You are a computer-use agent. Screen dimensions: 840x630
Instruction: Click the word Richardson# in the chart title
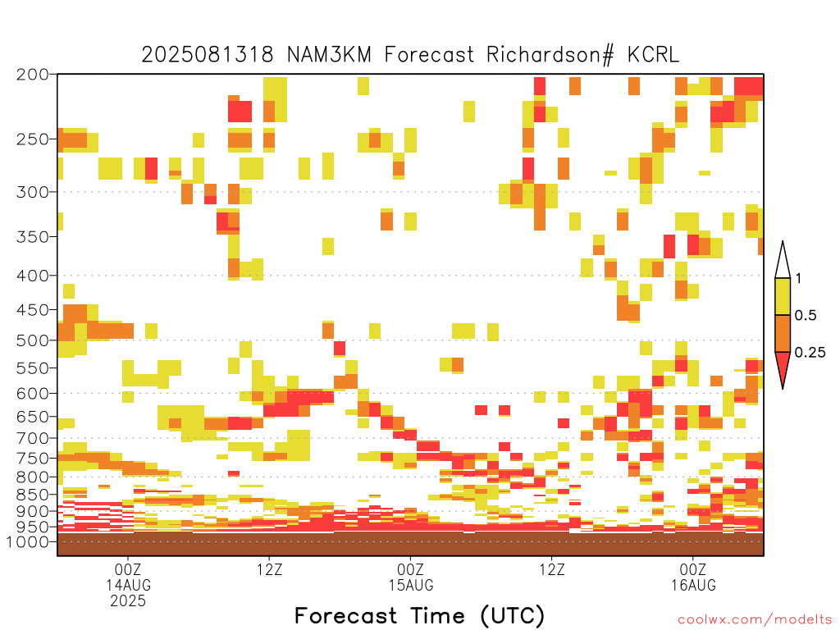(x=550, y=55)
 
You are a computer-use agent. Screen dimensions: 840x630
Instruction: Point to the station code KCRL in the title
(x=654, y=55)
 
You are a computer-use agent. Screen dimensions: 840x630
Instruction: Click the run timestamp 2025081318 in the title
(x=208, y=55)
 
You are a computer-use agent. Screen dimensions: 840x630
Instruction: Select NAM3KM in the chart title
(x=329, y=55)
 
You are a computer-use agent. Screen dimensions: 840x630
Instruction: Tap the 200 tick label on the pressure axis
(x=33, y=75)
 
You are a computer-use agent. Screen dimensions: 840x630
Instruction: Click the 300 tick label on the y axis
(x=33, y=192)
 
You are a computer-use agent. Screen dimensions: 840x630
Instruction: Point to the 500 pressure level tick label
(x=33, y=340)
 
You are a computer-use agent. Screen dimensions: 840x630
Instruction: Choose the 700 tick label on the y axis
(x=33, y=438)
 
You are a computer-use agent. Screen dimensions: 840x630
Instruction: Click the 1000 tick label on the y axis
(x=28, y=541)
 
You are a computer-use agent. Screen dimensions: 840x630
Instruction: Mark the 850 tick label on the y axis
(x=33, y=495)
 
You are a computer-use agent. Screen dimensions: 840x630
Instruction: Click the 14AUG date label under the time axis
(x=128, y=585)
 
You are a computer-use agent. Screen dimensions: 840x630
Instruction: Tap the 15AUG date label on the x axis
(x=411, y=585)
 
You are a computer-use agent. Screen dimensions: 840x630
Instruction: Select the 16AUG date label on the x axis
(x=694, y=585)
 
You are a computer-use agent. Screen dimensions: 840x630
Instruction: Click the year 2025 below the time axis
(x=128, y=601)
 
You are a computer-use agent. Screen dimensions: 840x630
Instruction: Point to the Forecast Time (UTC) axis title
(x=419, y=615)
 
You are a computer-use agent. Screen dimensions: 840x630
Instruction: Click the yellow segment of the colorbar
(x=783, y=296)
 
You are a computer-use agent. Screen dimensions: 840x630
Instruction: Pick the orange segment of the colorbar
(x=783, y=333)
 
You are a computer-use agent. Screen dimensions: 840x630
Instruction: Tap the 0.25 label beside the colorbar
(x=810, y=353)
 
